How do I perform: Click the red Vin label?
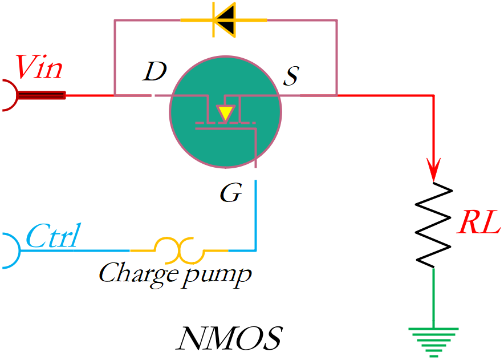pyautogui.click(x=39, y=67)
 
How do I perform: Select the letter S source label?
pyautogui.click(x=291, y=74)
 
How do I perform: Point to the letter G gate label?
pyautogui.click(x=231, y=194)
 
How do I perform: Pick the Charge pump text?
pyautogui.click(x=174, y=273)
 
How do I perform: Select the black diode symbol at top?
pyautogui.click(x=224, y=21)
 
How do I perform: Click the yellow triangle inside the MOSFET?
pyautogui.click(x=226, y=112)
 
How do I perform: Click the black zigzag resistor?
pyautogui.click(x=434, y=225)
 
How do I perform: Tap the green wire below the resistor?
pyautogui.click(x=433, y=297)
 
